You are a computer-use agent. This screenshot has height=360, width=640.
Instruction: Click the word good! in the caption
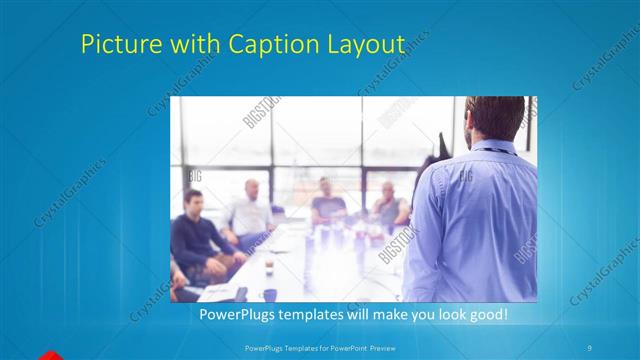[x=487, y=314]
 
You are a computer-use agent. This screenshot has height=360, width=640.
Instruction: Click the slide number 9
[x=591, y=346]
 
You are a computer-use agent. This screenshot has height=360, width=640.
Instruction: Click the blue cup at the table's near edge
[x=270, y=295]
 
